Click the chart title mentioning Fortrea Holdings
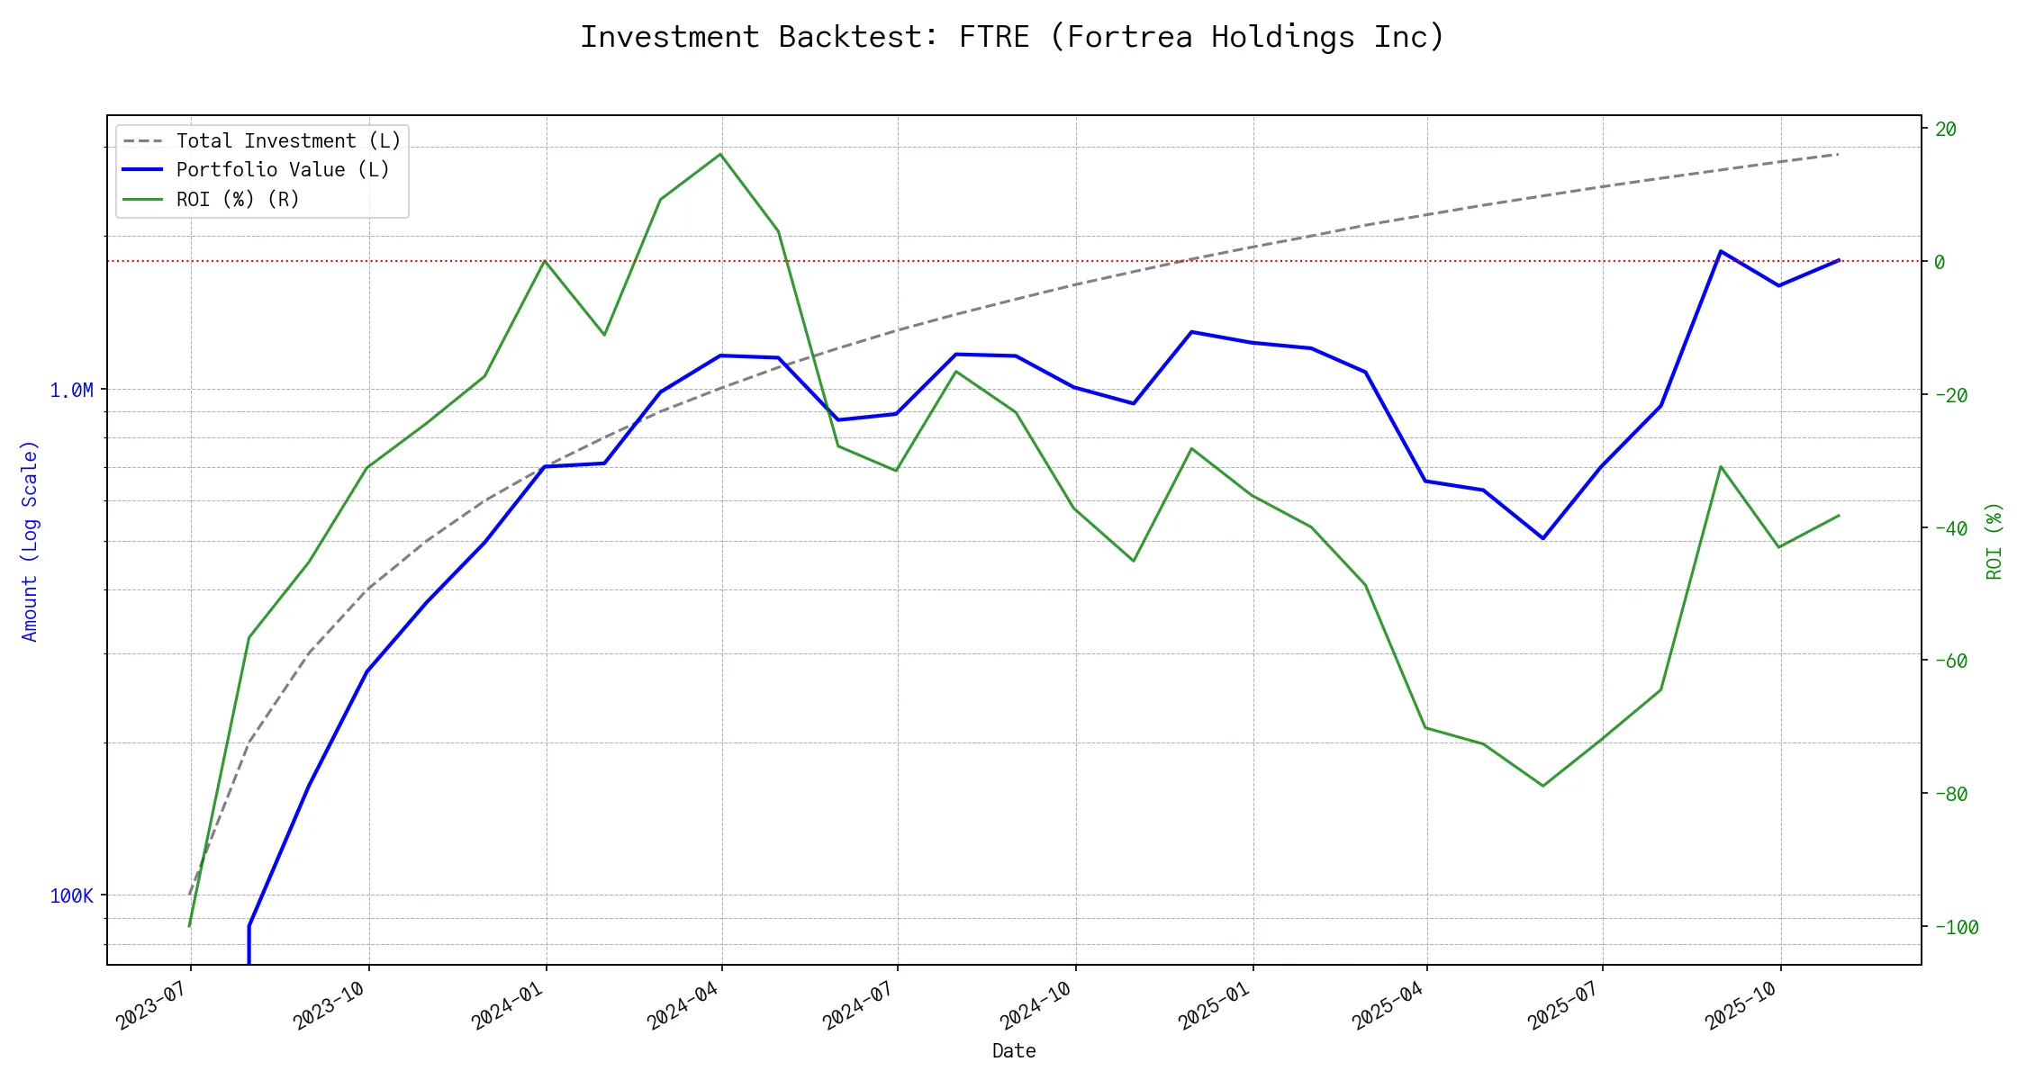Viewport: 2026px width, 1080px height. [x=1012, y=37]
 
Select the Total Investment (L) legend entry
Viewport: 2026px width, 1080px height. [x=288, y=141]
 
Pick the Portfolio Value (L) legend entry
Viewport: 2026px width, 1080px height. [x=283, y=170]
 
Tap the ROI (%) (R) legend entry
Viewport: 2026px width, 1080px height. [x=238, y=199]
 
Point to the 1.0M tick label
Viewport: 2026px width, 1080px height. [x=72, y=391]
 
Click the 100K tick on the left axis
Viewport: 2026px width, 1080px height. [x=72, y=896]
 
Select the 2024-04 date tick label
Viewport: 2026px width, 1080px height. [x=684, y=1004]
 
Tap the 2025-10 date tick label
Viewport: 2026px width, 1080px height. [x=1742, y=1004]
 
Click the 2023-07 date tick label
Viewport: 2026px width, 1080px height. [x=152, y=1004]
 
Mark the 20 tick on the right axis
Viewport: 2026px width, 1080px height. [x=1946, y=130]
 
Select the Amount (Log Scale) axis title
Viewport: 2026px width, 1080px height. [x=30, y=541]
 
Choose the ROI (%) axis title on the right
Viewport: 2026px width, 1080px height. [x=1994, y=541]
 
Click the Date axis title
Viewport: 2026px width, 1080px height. [x=1014, y=1051]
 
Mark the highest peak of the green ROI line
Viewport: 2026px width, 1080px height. [x=720, y=154]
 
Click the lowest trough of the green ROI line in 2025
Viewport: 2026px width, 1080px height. [x=1543, y=786]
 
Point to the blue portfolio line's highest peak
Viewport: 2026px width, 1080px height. [x=1721, y=251]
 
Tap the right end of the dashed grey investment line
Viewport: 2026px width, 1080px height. [x=1838, y=155]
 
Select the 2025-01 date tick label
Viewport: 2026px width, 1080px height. [x=1215, y=1004]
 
